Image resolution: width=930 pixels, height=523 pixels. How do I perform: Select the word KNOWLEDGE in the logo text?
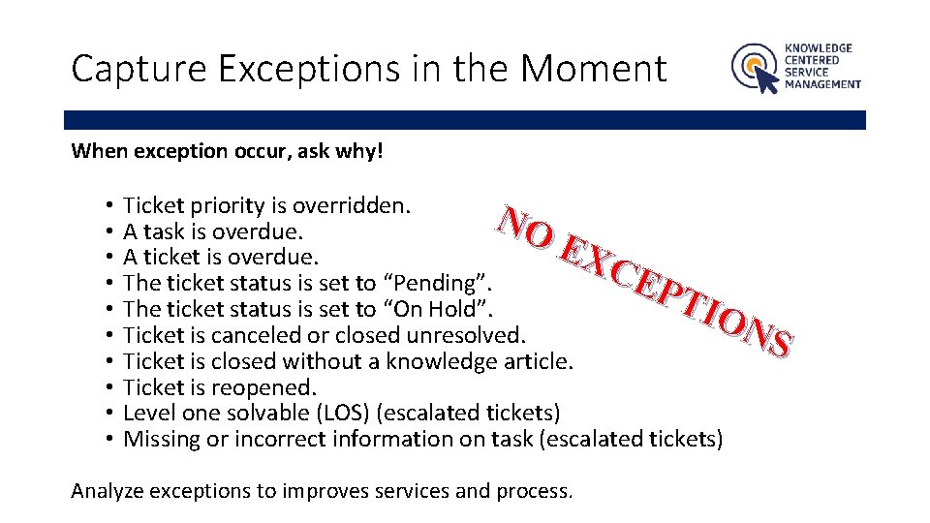(819, 47)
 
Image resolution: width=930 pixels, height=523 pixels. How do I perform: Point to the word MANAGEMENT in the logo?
(822, 84)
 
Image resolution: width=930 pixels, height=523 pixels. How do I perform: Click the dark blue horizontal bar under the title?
(465, 120)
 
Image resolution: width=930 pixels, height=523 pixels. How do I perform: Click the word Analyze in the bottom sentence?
(107, 490)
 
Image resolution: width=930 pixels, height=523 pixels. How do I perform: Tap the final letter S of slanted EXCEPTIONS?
(780, 342)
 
